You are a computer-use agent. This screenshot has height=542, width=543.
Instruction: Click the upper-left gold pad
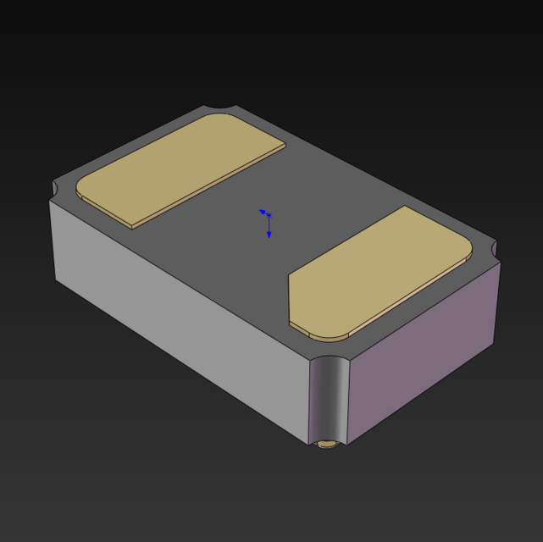click(178, 169)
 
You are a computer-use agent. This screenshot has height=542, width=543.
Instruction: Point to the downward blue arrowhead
click(269, 234)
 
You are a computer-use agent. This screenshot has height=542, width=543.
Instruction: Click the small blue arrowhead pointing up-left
click(262, 211)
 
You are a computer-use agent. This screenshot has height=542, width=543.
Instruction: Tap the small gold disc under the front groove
click(327, 444)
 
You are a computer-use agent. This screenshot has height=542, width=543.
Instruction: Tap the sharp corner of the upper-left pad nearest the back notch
click(285, 144)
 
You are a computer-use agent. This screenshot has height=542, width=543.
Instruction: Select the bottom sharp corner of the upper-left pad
click(133, 228)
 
